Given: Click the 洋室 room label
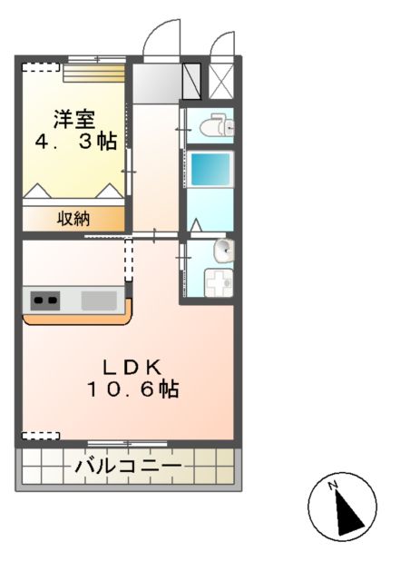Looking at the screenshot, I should [x=76, y=118].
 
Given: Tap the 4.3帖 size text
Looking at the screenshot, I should [x=76, y=143].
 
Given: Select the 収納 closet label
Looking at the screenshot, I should [x=74, y=218].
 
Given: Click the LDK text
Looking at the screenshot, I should [x=132, y=366].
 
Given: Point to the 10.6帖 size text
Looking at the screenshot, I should [x=132, y=389].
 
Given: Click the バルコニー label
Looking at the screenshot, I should [x=128, y=467].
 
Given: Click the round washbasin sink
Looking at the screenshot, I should [x=223, y=251].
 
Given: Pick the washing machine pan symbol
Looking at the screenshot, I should [x=218, y=283].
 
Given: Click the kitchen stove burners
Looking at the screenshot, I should [x=45, y=300].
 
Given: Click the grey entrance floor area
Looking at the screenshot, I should [x=157, y=82].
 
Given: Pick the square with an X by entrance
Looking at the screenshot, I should [x=221, y=78].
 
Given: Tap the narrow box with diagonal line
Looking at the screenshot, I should [x=192, y=79].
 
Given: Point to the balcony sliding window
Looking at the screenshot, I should [x=126, y=444].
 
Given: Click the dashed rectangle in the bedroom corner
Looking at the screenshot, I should [x=41, y=67].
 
